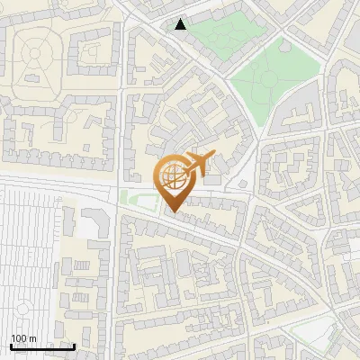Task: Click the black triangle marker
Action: click(x=181, y=24)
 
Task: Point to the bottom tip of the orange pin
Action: click(x=172, y=212)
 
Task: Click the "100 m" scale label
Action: click(x=23, y=337)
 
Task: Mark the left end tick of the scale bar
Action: click(x=11, y=346)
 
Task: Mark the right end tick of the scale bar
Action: click(x=75, y=346)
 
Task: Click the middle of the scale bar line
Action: click(x=42, y=347)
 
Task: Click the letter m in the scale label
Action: click(x=32, y=338)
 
